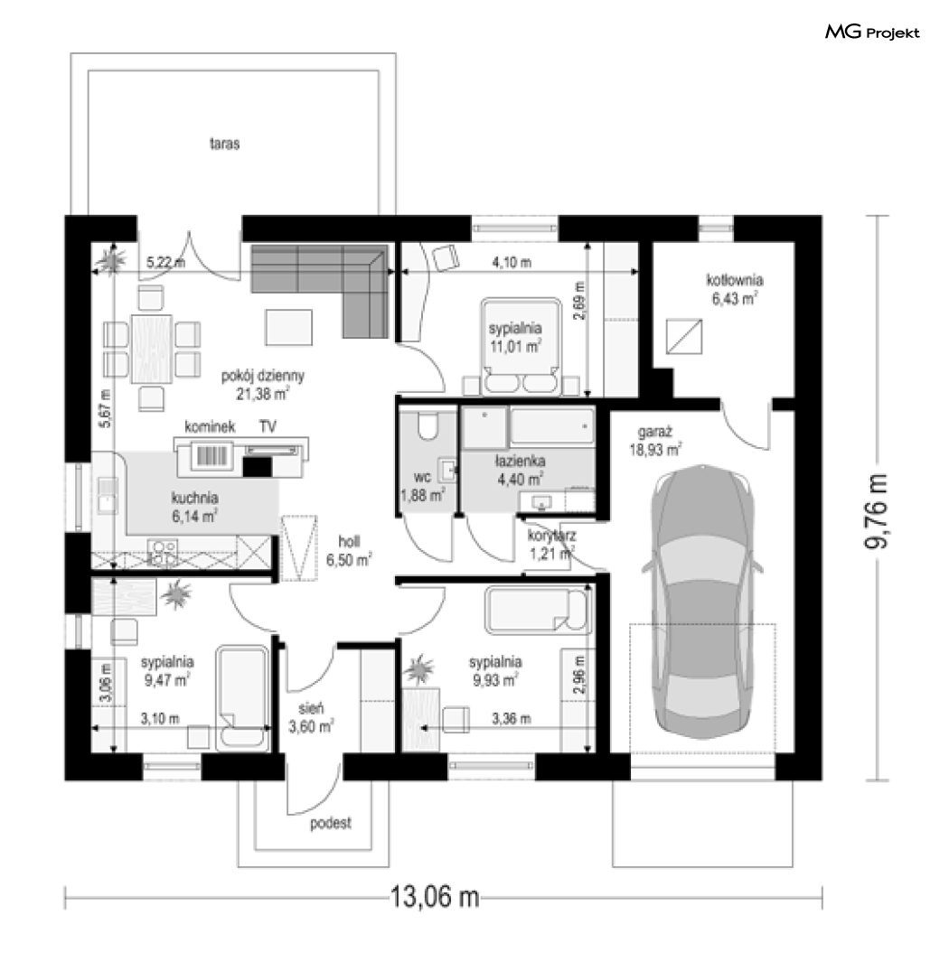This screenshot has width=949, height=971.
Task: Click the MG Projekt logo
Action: tap(871, 32)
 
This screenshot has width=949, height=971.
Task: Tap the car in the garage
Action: tap(702, 602)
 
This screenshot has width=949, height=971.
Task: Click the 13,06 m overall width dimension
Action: tap(434, 897)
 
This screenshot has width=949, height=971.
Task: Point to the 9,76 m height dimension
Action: tap(876, 510)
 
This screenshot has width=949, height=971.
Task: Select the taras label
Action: tap(224, 144)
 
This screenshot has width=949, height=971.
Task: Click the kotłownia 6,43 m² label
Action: tap(735, 289)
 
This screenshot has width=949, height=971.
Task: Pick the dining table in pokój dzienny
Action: tap(152, 349)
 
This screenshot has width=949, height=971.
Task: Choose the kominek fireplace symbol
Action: tap(212, 455)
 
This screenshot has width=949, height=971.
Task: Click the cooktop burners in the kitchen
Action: tap(163, 553)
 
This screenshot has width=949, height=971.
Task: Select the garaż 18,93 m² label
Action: tap(654, 441)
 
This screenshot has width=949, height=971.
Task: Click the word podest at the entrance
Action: tap(331, 823)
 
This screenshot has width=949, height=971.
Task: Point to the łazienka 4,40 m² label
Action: tap(521, 470)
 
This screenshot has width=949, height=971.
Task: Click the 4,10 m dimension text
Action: tap(512, 263)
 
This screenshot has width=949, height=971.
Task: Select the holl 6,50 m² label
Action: tap(349, 550)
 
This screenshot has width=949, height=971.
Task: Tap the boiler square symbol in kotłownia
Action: tap(684, 336)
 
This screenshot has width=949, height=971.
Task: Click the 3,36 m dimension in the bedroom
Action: tap(511, 719)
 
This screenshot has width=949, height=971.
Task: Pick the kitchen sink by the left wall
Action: tap(108, 495)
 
